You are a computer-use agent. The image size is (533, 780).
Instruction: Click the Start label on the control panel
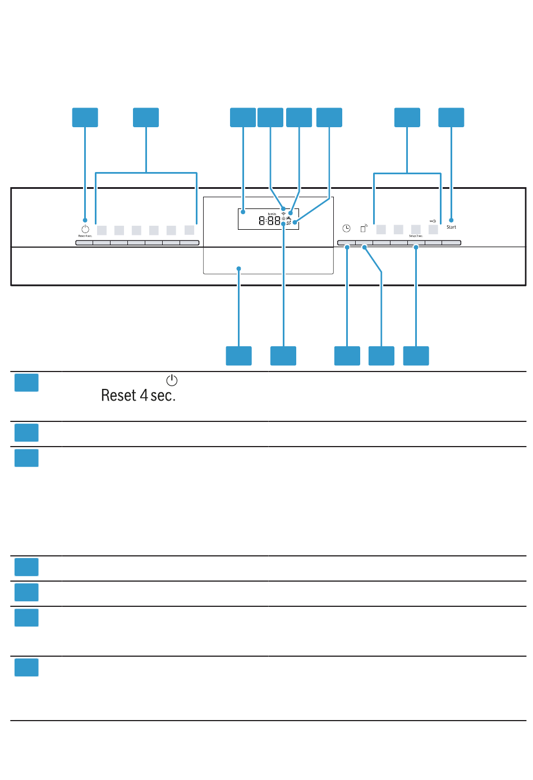451,227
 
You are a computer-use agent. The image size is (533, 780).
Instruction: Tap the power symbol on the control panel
85,229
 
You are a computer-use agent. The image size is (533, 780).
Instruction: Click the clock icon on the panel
347,229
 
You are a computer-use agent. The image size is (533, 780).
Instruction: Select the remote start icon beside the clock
364,228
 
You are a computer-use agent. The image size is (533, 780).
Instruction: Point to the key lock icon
433,221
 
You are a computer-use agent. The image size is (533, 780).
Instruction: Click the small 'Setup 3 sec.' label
416,236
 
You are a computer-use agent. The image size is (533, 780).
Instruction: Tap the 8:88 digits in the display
269,221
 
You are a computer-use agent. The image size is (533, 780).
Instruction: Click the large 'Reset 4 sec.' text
138,396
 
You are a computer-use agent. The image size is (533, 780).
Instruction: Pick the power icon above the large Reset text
172,380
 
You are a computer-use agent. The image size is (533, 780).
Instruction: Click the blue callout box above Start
451,118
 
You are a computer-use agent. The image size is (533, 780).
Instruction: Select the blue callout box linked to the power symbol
85,118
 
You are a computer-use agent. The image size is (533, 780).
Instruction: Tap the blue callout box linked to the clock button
347,356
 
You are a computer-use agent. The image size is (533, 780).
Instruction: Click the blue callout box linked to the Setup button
416,356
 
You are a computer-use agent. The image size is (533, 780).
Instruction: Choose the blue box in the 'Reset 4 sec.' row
26,383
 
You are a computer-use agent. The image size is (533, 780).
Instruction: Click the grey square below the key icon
433,230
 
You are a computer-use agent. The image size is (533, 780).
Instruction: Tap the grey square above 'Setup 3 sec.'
416,230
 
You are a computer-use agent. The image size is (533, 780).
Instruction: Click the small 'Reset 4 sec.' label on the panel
85,236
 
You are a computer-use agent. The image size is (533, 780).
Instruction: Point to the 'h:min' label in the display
272,214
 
